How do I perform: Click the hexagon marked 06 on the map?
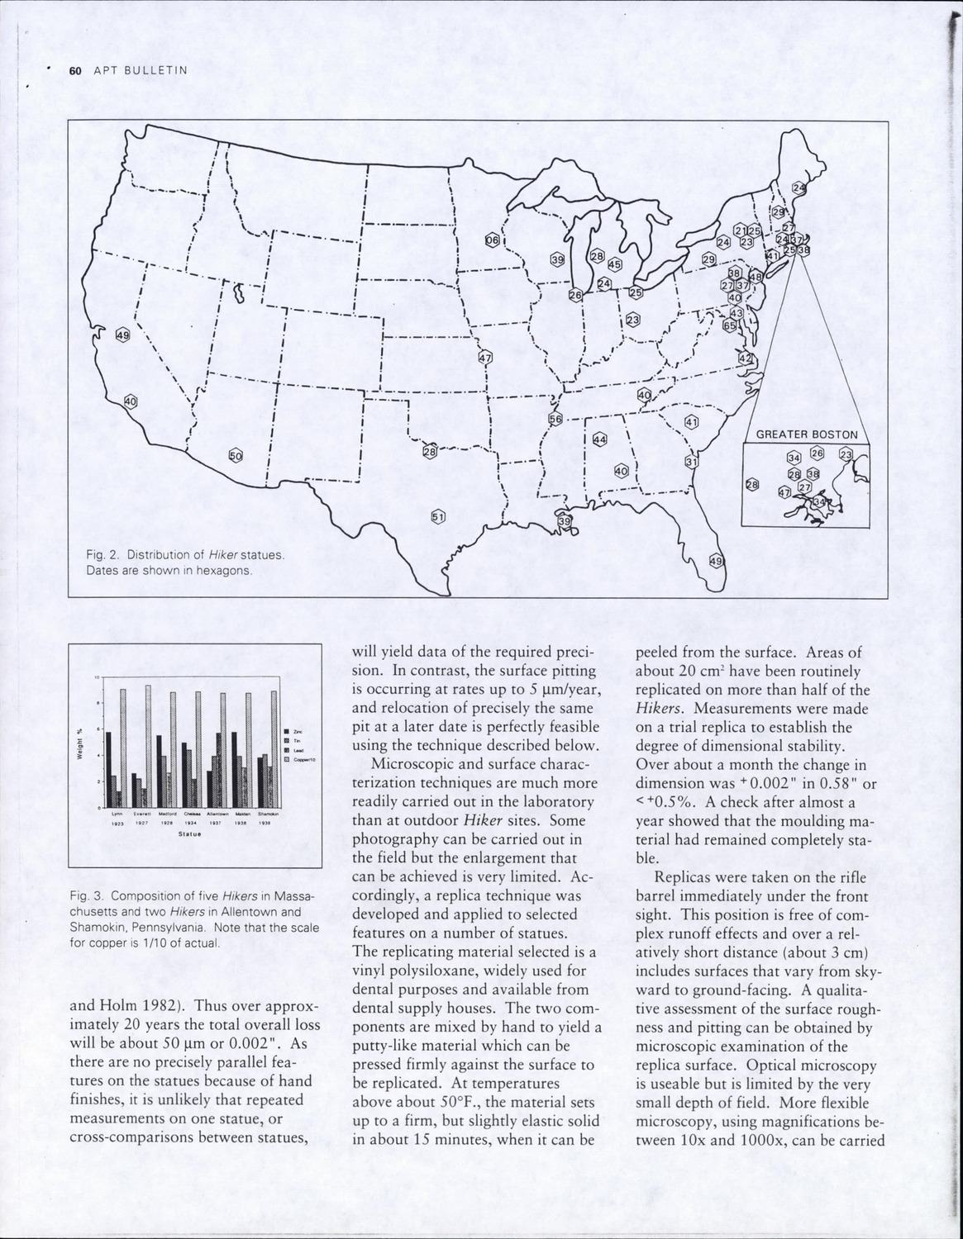tap(493, 240)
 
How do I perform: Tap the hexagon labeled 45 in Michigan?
tap(614, 265)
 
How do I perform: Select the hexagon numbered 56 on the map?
tap(555, 419)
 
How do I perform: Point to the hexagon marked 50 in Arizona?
tap(236, 455)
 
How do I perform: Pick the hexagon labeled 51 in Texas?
tap(438, 516)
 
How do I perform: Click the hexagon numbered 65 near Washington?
tap(730, 325)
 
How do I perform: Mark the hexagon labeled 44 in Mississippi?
tap(600, 439)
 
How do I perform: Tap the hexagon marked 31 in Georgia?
tap(692, 462)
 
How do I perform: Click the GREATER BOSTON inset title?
tap(807, 434)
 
